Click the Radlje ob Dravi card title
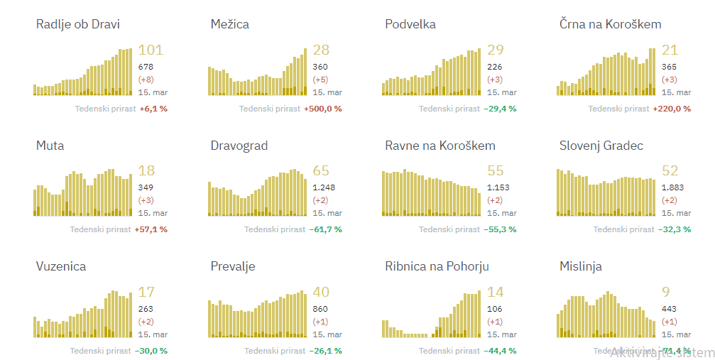click(x=78, y=25)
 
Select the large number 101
click(x=150, y=50)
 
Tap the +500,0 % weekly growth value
click(x=323, y=109)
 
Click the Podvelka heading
click(x=410, y=25)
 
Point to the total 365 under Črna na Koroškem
click(x=669, y=67)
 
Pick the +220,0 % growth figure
click(x=672, y=109)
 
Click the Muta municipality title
click(x=50, y=146)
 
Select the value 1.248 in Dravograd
click(x=324, y=187)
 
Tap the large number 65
click(x=321, y=171)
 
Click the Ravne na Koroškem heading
click(x=440, y=146)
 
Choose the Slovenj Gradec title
click(x=601, y=146)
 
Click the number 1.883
click(x=673, y=187)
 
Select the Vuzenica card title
click(x=61, y=266)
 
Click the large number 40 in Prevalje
click(x=321, y=292)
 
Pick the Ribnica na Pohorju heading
click(x=437, y=266)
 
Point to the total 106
click(x=494, y=309)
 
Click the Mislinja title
click(x=581, y=266)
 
